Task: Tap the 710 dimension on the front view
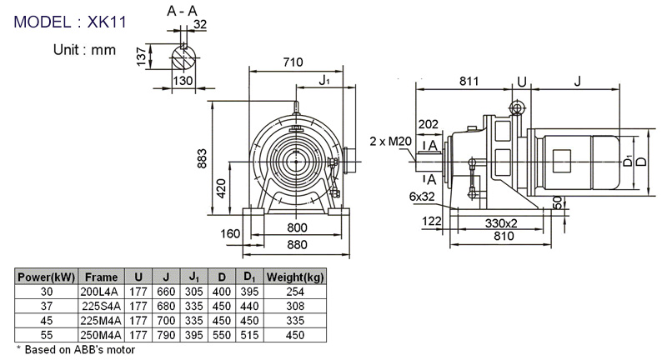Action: point(293,62)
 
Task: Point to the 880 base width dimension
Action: point(296,245)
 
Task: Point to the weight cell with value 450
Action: point(294,335)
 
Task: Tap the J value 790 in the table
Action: point(168,335)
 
